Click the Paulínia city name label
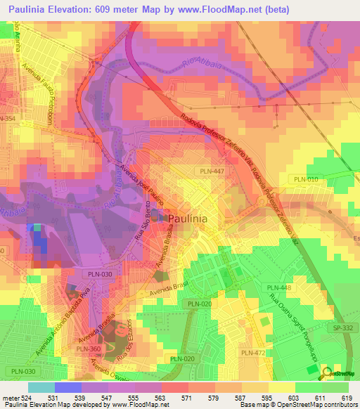[x=188, y=219]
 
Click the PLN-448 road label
[x=278, y=287]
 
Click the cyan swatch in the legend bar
[x=41, y=387]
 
